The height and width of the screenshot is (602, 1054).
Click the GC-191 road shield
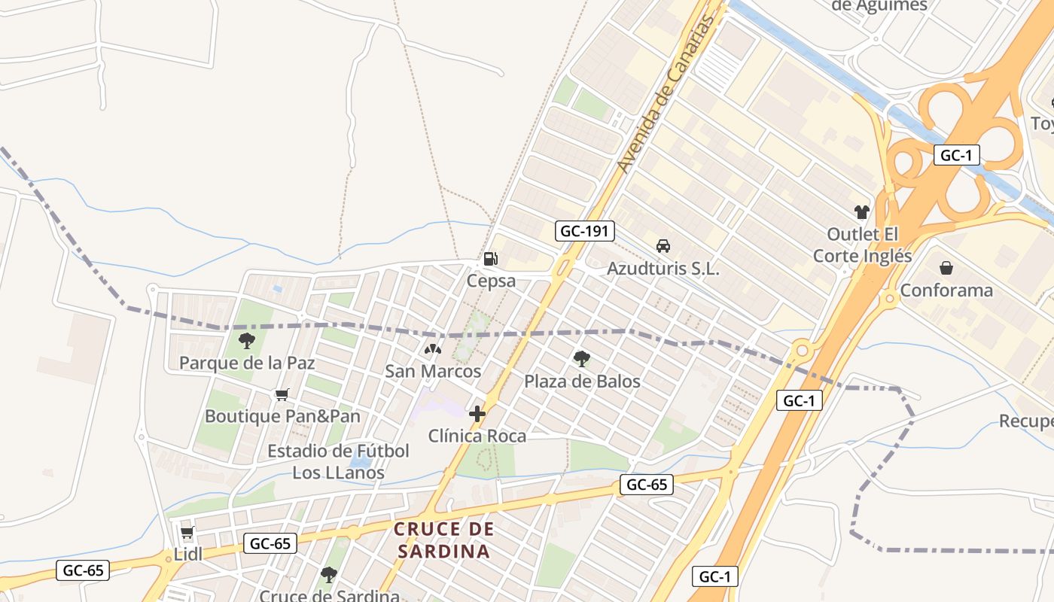585,231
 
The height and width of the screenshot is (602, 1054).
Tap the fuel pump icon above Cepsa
490,259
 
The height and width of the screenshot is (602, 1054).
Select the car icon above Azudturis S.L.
663,245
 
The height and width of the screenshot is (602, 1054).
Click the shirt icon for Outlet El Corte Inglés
862,212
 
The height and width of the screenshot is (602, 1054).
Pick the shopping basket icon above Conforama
946,267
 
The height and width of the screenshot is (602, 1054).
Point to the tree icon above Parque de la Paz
246,341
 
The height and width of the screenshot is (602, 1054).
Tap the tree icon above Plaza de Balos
581,358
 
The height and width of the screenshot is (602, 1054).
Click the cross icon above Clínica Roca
477,414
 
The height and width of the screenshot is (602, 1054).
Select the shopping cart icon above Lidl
187,533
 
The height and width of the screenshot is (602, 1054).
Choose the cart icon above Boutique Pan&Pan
282,394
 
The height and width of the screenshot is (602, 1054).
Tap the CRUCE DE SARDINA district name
444,540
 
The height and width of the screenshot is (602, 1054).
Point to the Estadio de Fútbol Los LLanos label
339,462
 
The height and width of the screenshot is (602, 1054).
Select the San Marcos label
433,371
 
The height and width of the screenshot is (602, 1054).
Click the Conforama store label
946,290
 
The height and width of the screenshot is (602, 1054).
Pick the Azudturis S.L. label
663,269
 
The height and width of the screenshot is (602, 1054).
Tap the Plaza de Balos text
582,382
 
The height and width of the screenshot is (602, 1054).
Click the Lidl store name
188,555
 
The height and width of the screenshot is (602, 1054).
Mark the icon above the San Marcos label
433,349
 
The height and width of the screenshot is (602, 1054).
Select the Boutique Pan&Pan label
282,416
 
